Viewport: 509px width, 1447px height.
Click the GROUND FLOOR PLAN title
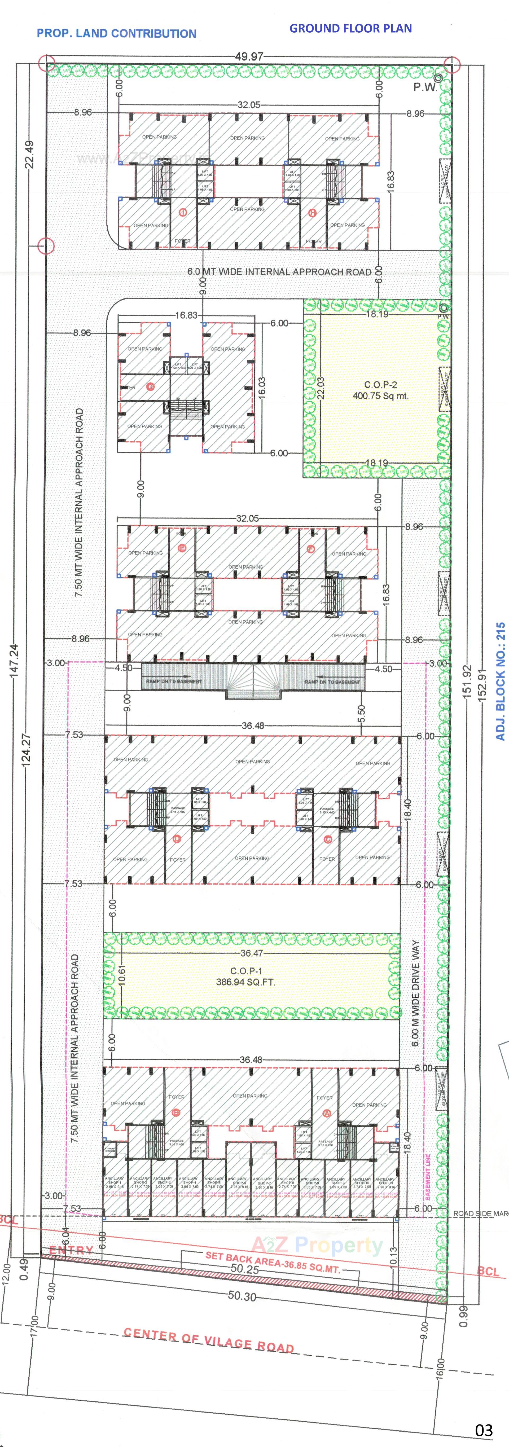(350, 28)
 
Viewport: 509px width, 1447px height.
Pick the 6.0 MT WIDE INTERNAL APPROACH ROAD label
(279, 272)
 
